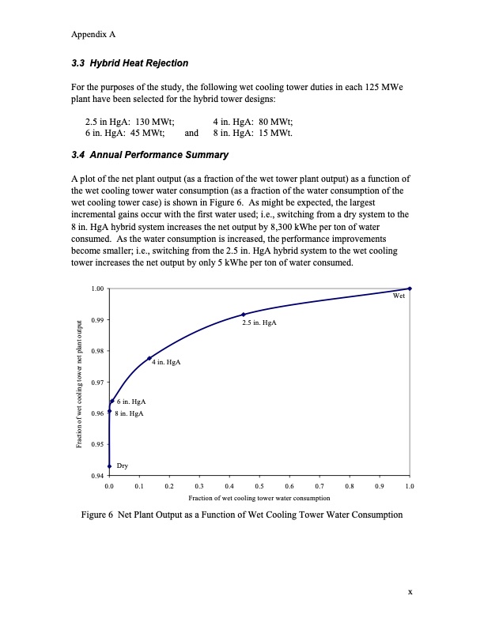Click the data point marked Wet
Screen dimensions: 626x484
(410, 288)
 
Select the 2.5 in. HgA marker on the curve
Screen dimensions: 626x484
(244, 315)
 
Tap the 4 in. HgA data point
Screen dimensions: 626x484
(149, 358)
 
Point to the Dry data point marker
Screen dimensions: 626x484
(109, 466)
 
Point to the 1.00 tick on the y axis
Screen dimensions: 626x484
(96, 288)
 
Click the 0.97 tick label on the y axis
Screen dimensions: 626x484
(96, 383)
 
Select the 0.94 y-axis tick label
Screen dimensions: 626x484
(96, 476)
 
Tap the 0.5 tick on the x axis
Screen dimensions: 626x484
(259, 486)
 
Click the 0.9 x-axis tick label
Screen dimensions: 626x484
(380, 486)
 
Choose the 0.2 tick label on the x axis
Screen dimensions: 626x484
(169, 486)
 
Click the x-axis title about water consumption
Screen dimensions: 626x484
(259, 499)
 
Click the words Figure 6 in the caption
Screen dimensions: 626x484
(100, 515)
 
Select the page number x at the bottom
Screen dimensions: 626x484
(410, 591)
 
